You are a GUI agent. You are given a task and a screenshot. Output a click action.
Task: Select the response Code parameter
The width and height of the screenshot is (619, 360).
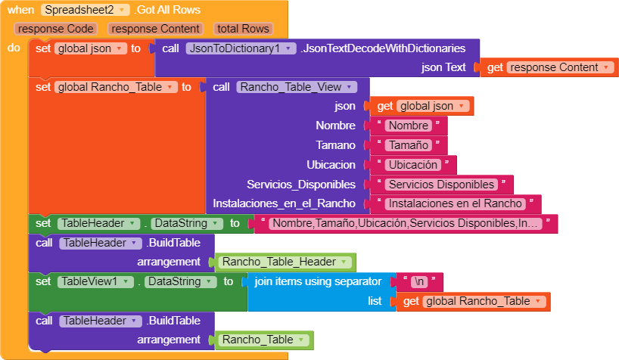56,29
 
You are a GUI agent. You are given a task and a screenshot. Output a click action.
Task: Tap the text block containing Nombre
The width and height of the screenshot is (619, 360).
407,126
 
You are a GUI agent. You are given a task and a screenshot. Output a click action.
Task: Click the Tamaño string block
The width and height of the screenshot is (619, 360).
407,145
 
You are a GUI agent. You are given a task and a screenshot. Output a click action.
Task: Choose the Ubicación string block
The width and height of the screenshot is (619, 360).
412,165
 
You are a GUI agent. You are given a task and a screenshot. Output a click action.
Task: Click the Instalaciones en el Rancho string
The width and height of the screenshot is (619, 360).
455,203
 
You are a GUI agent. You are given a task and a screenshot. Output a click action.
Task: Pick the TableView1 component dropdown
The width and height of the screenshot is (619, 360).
92,281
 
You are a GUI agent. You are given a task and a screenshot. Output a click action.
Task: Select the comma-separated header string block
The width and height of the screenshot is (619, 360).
406,224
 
